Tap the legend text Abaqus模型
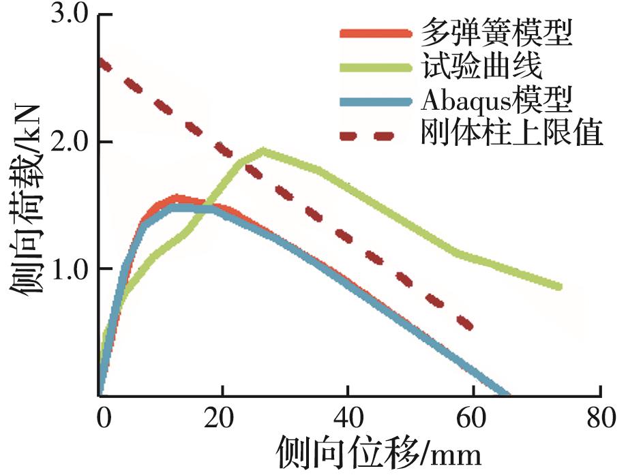[x=496, y=101]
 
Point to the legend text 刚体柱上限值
[x=512, y=135]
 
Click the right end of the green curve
[x=559, y=287]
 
